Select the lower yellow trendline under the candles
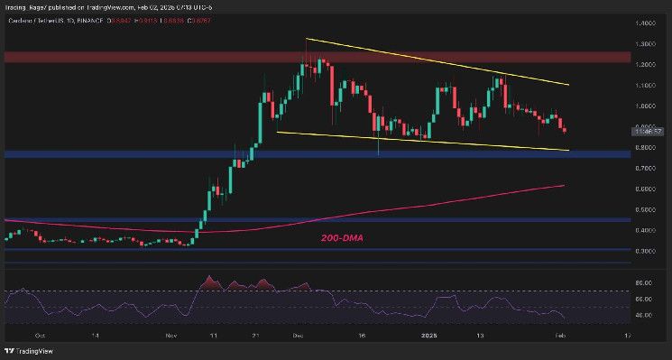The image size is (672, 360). tap(433, 141)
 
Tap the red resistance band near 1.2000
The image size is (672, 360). tap(135, 57)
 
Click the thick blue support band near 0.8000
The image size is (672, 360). tap(135, 154)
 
